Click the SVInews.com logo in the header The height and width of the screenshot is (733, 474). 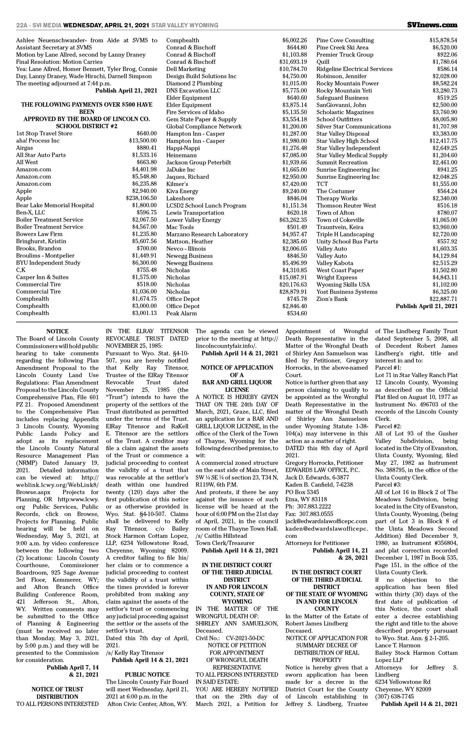coord(432,25)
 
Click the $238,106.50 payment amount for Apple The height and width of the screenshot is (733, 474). coord(141,198)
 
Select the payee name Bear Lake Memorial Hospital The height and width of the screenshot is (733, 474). coord(55,206)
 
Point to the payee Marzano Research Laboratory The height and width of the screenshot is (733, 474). coord(207,234)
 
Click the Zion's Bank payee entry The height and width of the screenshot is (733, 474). coord(332,299)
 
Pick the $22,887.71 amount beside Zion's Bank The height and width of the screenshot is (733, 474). coord(443,299)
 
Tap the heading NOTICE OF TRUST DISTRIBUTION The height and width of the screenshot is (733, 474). coord(57,693)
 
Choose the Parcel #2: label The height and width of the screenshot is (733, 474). coord(388,426)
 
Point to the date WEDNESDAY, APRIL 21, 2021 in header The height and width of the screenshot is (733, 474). coord(106,25)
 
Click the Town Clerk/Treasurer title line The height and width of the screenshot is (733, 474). coord(225,543)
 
